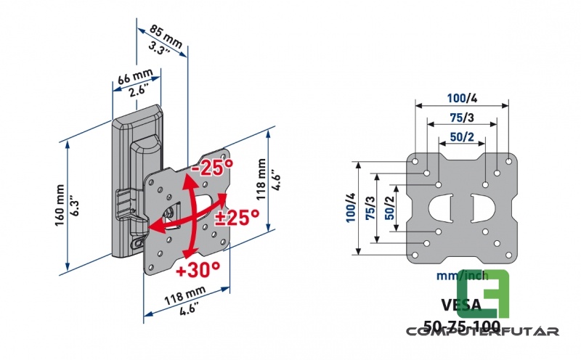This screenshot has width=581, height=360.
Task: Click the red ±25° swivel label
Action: click(237, 216)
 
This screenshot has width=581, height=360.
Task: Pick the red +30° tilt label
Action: click(198, 270)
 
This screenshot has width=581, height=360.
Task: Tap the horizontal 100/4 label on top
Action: click(461, 98)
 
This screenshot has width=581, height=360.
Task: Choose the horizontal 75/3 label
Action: click(461, 118)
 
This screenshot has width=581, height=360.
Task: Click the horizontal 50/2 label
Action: click(461, 136)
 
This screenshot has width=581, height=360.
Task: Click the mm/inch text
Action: click(461, 276)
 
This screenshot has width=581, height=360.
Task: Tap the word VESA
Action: click(460, 304)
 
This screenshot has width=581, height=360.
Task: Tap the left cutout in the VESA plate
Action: click(440, 208)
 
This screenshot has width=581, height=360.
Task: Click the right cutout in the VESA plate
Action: click(482, 208)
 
